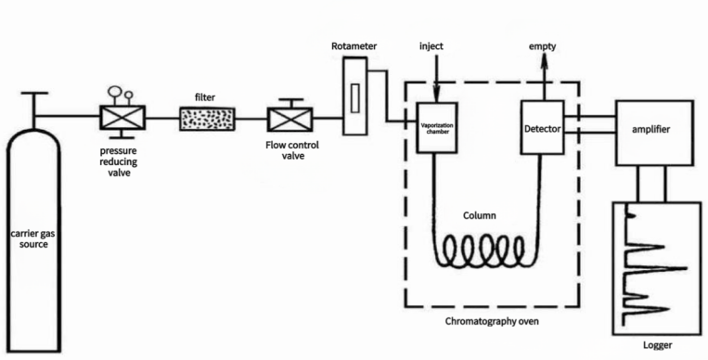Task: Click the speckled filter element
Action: (206, 118)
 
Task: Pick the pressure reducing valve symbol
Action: (122, 118)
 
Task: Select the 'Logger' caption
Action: (657, 345)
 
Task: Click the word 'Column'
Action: (480, 214)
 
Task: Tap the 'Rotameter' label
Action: (353, 45)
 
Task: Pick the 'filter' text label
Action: (205, 96)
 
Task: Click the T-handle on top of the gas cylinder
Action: (34, 96)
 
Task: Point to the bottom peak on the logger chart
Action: (650, 308)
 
